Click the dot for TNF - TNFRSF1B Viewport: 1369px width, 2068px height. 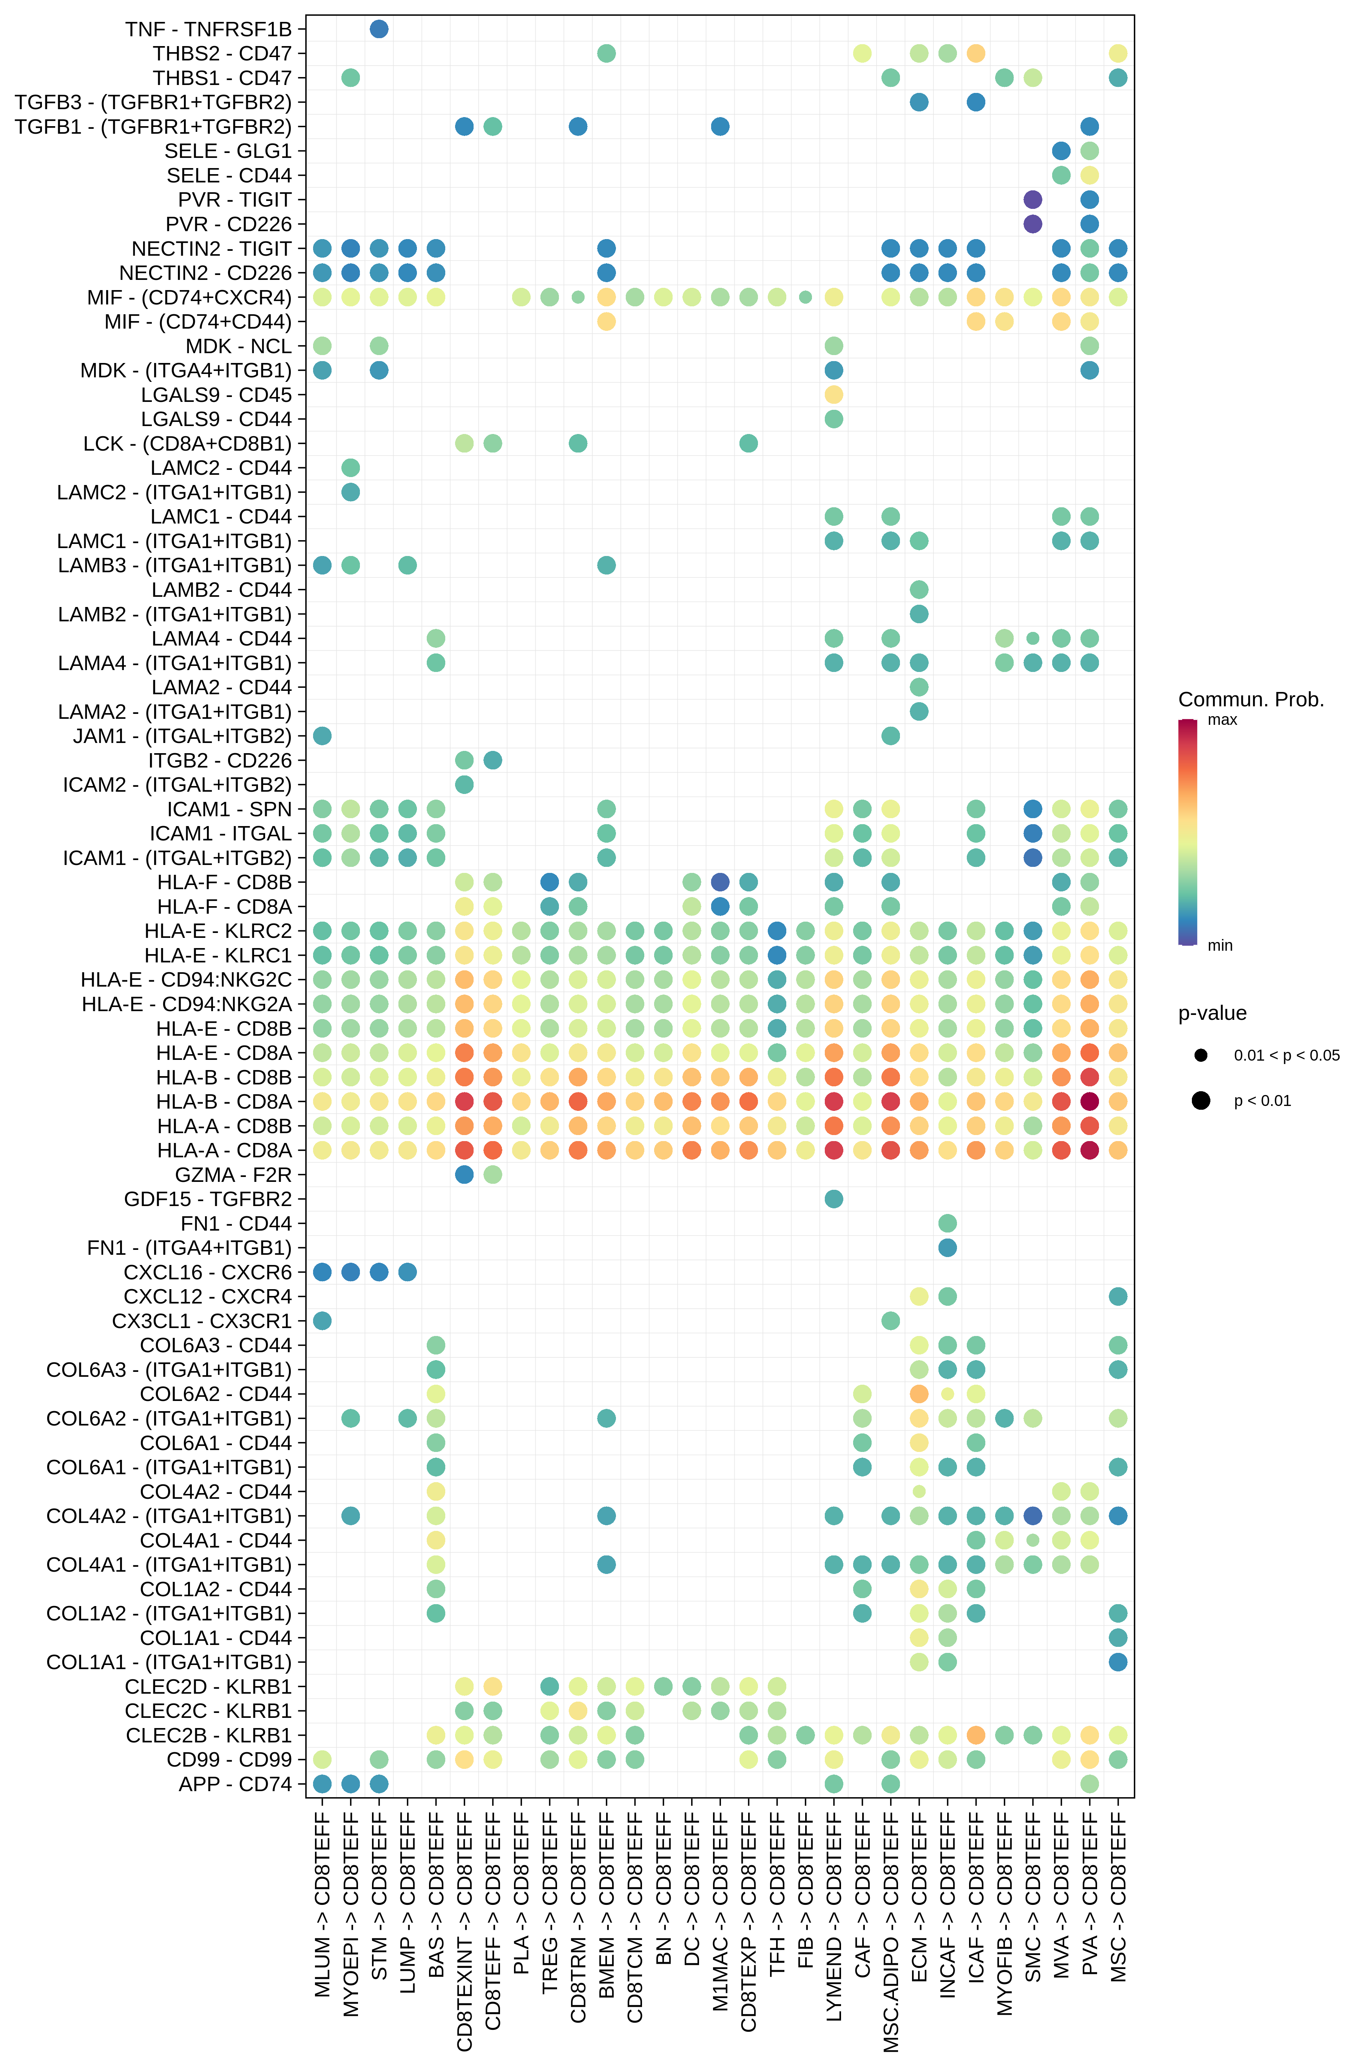379,29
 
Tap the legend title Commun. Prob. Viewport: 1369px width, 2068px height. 1250,700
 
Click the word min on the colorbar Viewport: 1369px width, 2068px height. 1220,945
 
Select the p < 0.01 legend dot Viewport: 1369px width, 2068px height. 1201,1100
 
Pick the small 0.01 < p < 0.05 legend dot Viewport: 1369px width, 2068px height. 1201,1055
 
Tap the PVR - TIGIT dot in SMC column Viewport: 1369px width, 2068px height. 1033,200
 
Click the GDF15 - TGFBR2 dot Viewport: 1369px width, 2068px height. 834,1199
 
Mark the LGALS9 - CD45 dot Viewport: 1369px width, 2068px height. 834,395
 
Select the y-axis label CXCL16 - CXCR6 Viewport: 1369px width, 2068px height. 208,1273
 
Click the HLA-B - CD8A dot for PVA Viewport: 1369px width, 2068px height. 1090,1101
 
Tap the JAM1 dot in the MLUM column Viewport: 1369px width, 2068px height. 322,736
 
